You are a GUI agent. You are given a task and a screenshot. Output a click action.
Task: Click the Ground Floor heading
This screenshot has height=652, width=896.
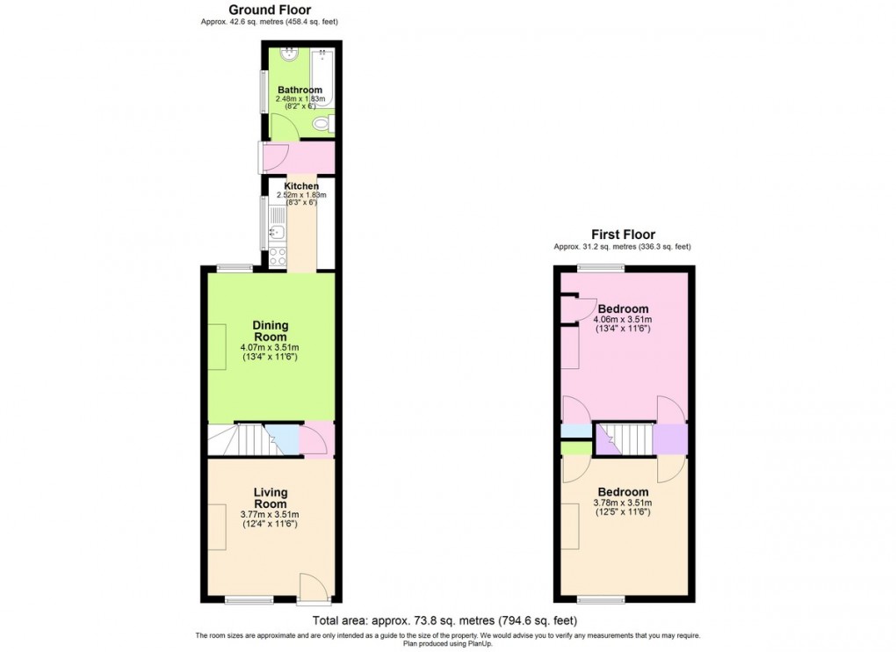(x=270, y=10)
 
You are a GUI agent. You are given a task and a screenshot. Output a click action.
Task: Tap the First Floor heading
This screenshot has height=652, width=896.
(x=622, y=235)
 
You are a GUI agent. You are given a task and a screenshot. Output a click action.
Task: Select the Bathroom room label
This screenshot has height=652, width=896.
(x=300, y=90)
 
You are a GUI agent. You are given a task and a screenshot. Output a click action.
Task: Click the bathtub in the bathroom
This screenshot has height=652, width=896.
(x=323, y=81)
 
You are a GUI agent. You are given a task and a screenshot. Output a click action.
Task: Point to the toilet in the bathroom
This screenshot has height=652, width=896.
(x=322, y=126)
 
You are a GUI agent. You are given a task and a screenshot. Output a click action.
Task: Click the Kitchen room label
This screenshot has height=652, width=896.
(x=300, y=186)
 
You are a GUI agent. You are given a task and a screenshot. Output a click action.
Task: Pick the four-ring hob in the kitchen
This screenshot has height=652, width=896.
(x=278, y=257)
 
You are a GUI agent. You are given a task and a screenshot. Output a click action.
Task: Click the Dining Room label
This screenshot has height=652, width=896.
(x=271, y=331)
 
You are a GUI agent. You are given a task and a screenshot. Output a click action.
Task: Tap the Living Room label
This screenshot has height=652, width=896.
(x=271, y=498)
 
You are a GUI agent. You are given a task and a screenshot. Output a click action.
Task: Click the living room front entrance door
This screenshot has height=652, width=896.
(x=313, y=589)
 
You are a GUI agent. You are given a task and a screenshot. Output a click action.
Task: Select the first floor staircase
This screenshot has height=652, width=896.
(x=626, y=438)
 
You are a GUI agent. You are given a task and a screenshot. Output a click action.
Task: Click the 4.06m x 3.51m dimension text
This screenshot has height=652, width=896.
(x=624, y=320)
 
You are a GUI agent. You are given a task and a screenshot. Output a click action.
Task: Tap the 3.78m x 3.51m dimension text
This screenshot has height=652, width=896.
(x=623, y=503)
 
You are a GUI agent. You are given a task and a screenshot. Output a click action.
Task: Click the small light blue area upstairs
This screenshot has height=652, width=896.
(x=576, y=431)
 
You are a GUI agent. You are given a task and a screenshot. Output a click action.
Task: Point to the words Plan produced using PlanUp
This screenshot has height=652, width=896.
(x=447, y=642)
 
